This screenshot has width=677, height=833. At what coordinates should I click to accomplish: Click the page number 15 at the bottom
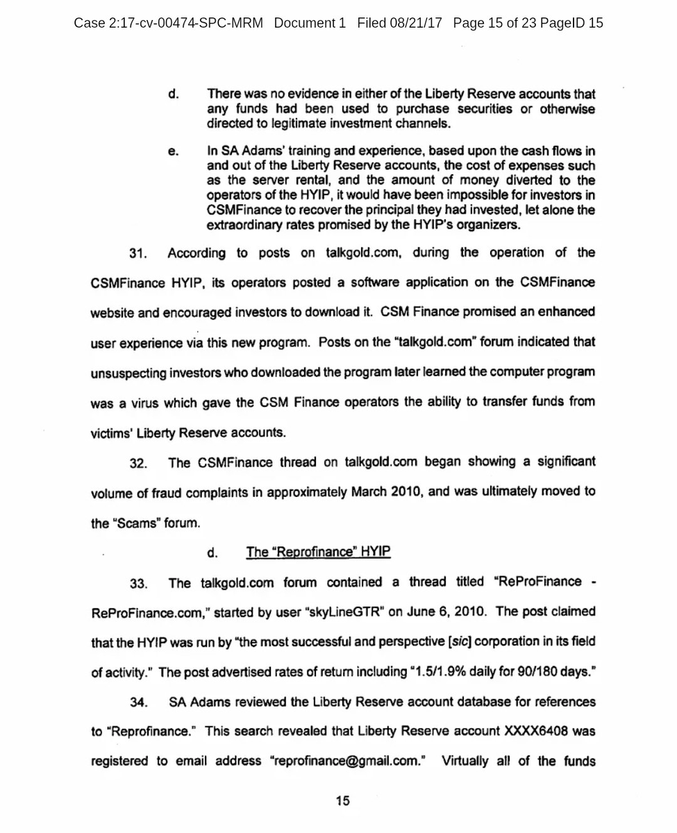click(x=342, y=801)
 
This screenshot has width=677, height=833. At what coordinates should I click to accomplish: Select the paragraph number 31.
click(x=139, y=254)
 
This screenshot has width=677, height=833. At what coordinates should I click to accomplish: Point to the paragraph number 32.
click(x=139, y=463)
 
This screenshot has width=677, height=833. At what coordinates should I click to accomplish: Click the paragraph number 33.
click(x=139, y=584)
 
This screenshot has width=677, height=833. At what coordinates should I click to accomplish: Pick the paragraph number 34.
click(x=139, y=702)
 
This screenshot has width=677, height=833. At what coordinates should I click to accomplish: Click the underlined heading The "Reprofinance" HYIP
click(x=319, y=553)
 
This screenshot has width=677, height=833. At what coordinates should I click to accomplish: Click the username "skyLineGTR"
click(x=345, y=612)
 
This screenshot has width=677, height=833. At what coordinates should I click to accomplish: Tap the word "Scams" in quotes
click(x=137, y=523)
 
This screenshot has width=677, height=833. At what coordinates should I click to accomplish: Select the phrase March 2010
click(x=385, y=492)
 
